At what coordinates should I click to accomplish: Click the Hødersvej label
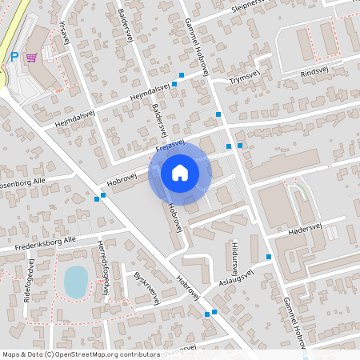tap(303, 228)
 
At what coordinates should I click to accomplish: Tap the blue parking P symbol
tap(14, 57)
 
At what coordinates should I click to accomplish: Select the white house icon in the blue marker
tap(180, 172)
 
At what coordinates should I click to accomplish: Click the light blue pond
tap(75, 280)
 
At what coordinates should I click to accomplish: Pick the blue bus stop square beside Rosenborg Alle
tap(102, 195)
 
